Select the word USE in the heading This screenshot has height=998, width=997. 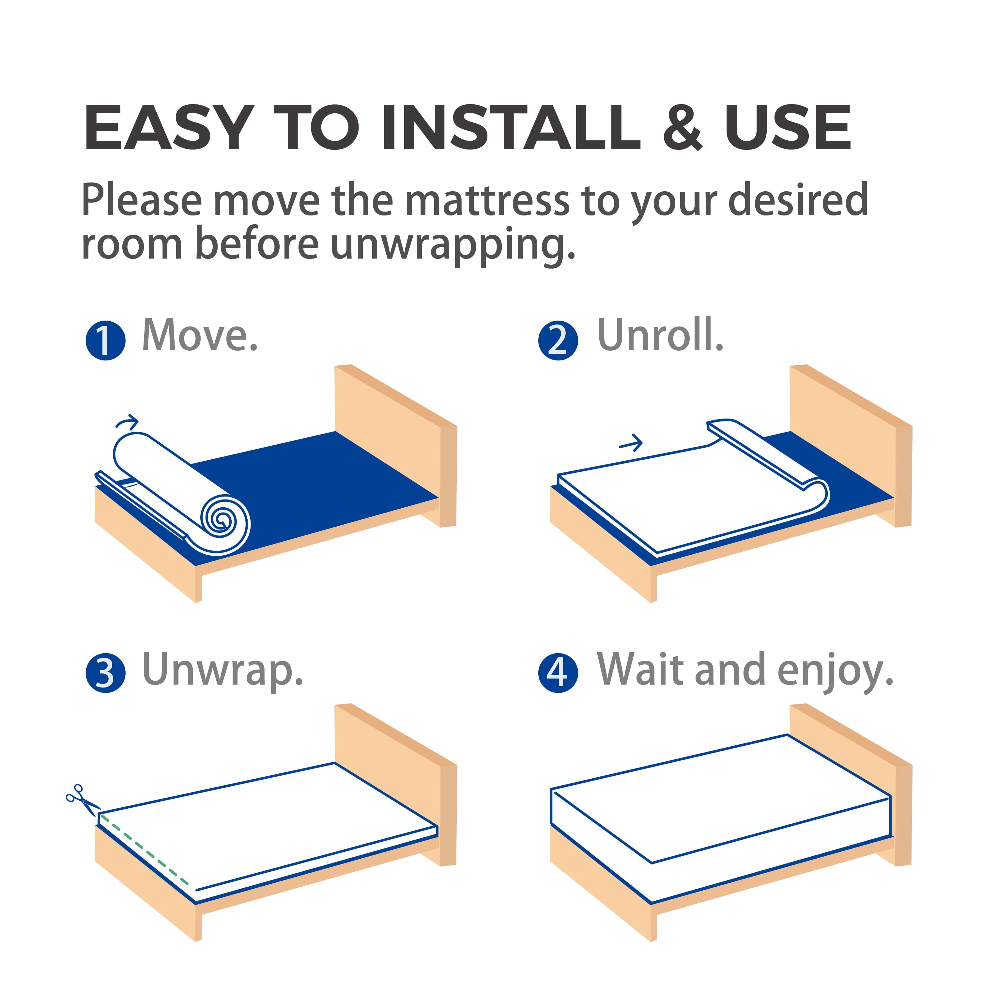click(787, 128)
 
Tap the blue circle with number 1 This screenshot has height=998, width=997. click(105, 341)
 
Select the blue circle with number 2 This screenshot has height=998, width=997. click(558, 341)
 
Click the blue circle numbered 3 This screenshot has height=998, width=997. click(105, 673)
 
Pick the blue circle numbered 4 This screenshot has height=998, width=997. click(558, 673)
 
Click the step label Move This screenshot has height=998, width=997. click(200, 336)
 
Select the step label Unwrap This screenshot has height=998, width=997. click(222, 670)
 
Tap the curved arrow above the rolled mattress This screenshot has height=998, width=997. click(127, 422)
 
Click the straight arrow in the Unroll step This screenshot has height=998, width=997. click(630, 443)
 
